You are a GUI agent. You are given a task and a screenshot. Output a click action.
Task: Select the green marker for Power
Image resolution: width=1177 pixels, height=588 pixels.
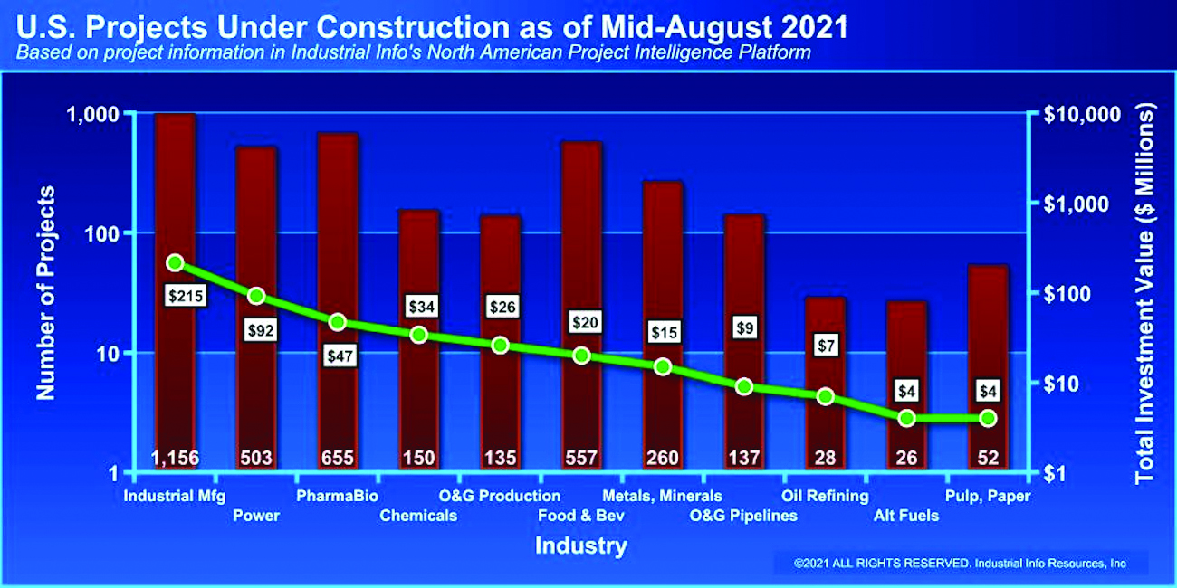pyautogui.click(x=256, y=296)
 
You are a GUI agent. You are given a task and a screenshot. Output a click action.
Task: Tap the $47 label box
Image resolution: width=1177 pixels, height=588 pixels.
pyautogui.click(x=339, y=356)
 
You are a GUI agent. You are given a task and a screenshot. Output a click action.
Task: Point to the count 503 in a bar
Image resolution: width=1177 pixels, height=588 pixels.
pyautogui.click(x=256, y=458)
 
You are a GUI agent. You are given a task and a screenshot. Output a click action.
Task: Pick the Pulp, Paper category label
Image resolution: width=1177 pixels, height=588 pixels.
pyautogui.click(x=988, y=496)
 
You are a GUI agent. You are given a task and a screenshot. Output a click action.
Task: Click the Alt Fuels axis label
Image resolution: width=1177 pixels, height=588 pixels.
pyautogui.click(x=906, y=516)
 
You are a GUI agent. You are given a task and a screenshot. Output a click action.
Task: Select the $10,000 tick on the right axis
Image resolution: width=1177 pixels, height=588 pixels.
pyautogui.click(x=1083, y=114)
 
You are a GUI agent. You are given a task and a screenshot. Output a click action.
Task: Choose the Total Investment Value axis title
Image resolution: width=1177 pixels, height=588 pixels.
pyautogui.click(x=1146, y=292)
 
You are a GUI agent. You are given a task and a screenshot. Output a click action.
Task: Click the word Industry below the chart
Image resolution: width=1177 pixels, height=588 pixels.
pyautogui.click(x=580, y=546)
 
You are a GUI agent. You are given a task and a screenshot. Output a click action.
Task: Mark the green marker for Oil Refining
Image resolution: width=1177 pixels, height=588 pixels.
pyautogui.click(x=825, y=396)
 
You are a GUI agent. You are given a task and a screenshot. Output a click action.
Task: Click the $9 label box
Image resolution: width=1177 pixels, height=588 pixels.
pyautogui.click(x=744, y=327)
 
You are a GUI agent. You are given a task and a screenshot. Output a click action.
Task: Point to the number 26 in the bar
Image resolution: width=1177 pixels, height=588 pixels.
pyautogui.click(x=906, y=458)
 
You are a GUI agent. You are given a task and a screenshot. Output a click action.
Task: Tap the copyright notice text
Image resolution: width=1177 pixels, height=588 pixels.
pyautogui.click(x=960, y=563)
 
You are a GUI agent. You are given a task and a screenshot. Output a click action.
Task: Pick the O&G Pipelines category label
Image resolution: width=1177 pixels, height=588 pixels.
pyautogui.click(x=743, y=516)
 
